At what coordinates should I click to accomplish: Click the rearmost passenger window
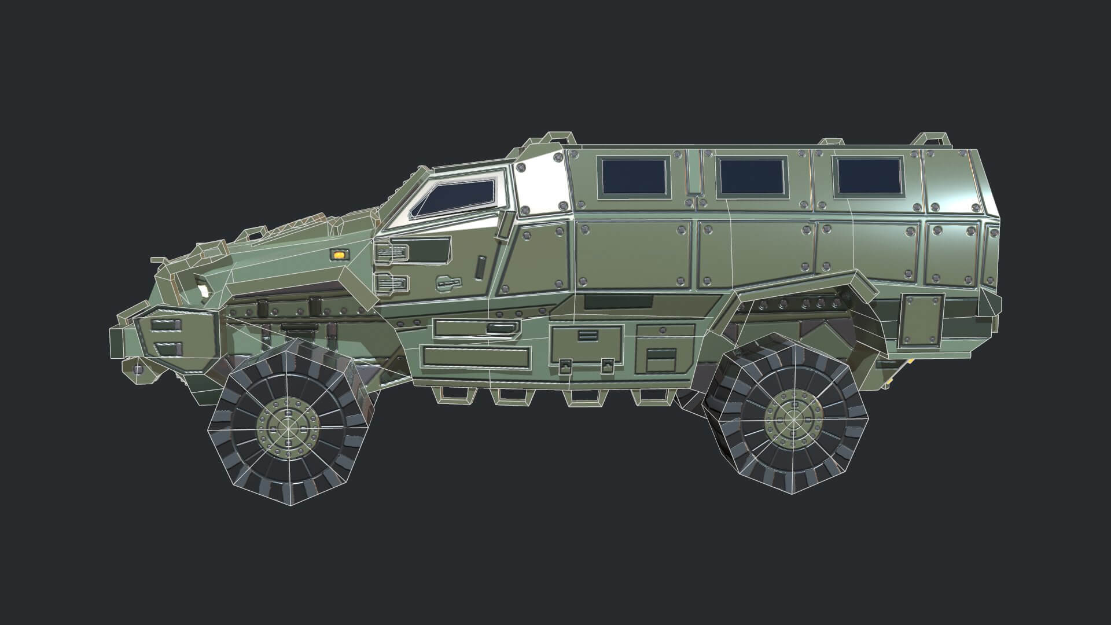tap(869, 176)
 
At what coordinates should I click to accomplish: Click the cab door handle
tap(449, 282)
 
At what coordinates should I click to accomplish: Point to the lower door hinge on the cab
tap(391, 282)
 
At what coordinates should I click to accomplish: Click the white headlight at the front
tap(203, 291)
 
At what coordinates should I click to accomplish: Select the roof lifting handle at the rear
tap(932, 139)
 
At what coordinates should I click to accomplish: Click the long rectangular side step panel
tap(476, 356)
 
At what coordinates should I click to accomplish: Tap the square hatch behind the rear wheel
tap(921, 321)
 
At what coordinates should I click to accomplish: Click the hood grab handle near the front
tap(252, 234)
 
